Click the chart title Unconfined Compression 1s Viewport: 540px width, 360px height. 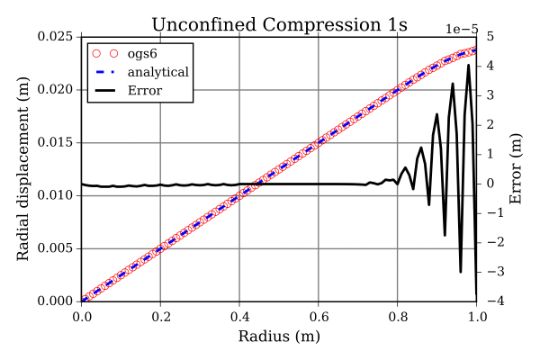[x=278, y=24]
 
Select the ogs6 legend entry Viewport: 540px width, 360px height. [x=143, y=53]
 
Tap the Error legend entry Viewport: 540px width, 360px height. [x=145, y=89]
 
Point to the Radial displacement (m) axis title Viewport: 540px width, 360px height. [x=24, y=169]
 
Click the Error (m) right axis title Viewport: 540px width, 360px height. [x=516, y=169]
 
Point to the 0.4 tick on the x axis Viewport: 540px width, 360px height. [x=239, y=317]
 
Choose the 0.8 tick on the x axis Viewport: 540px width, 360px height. [x=397, y=317]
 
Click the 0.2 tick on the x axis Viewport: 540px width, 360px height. [x=160, y=317]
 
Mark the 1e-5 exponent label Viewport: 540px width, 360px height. [x=460, y=27]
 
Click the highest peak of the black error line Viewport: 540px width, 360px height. [x=468, y=65]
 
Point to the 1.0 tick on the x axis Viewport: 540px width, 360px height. [x=476, y=317]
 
